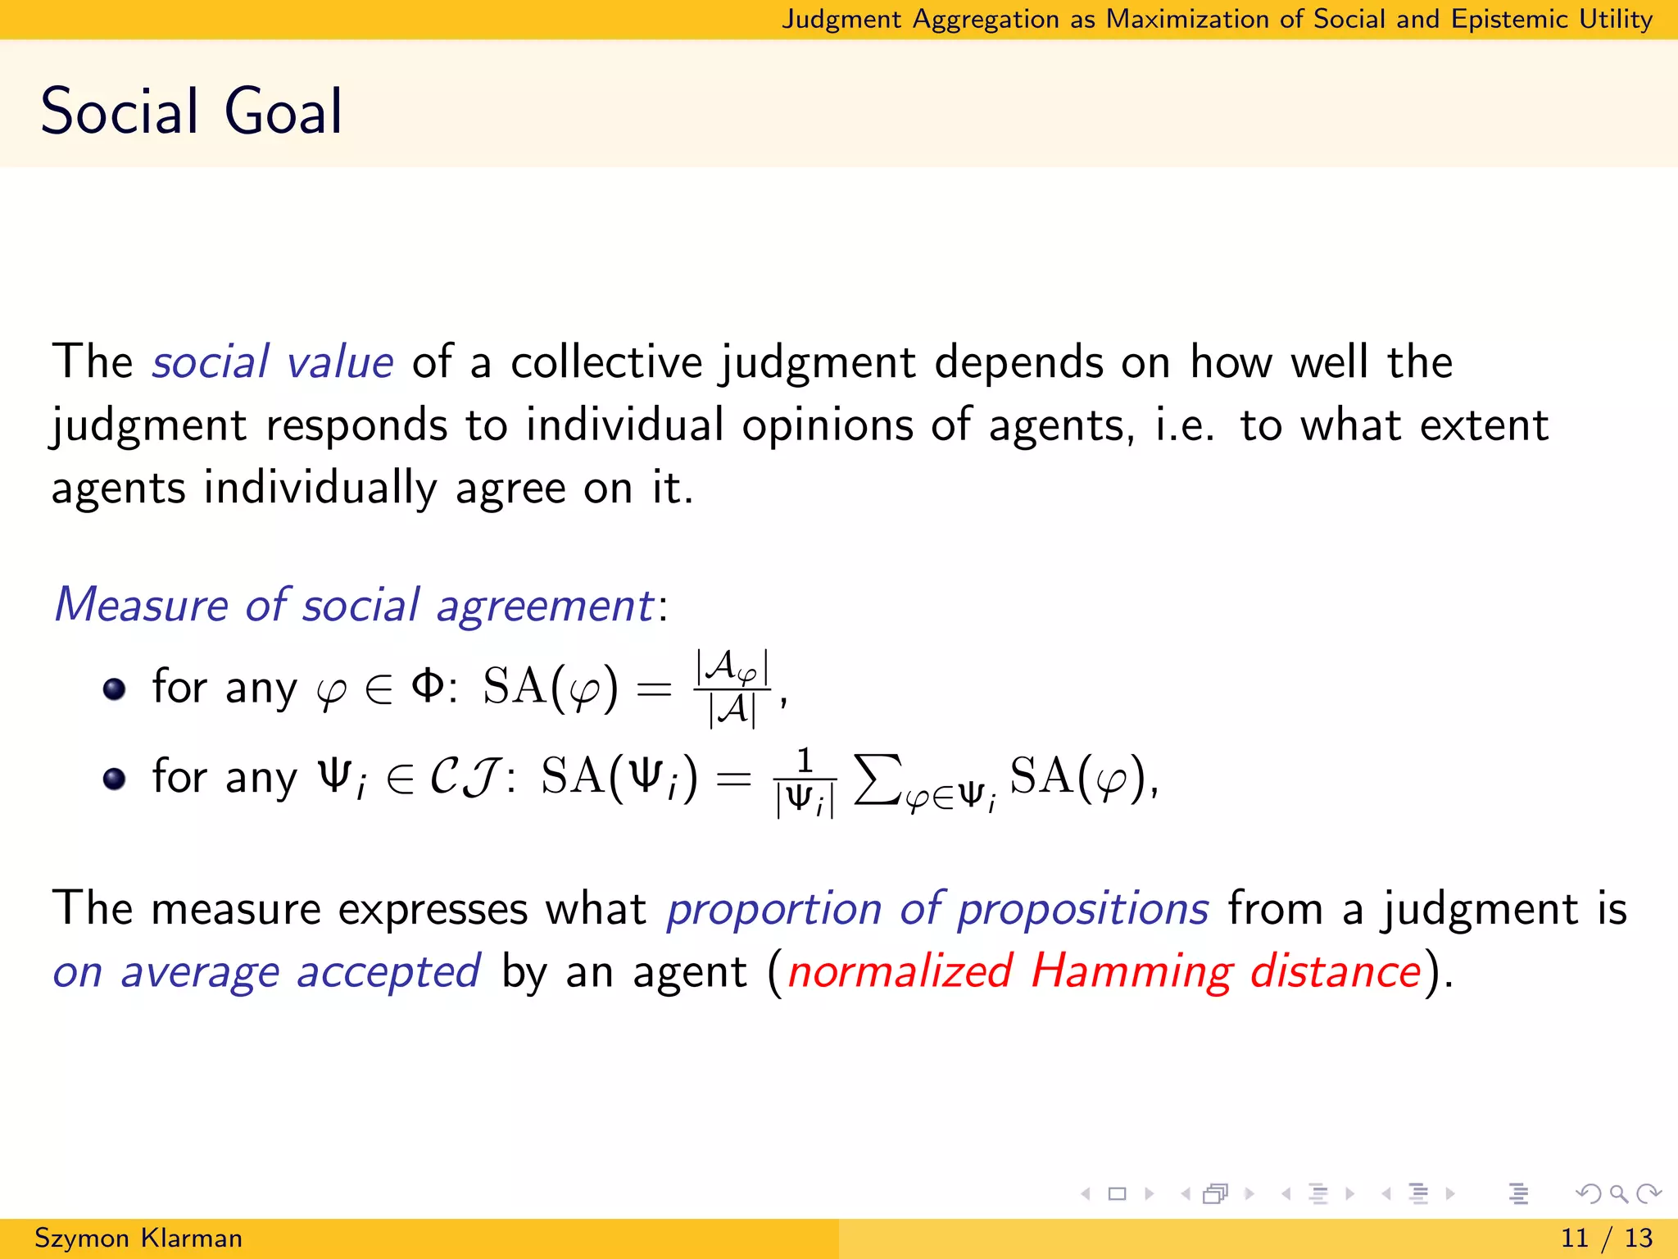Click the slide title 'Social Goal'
click(191, 111)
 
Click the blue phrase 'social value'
click(273, 362)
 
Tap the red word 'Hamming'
click(1131, 972)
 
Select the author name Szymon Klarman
click(138, 1238)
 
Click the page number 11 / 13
click(1607, 1238)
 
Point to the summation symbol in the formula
click(878, 779)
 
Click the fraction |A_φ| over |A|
click(732, 689)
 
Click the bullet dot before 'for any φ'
click(115, 689)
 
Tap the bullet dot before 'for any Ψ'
click(115, 778)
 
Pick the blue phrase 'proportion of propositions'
click(937, 909)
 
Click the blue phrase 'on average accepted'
click(266, 972)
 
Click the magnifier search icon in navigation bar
click(1618, 1193)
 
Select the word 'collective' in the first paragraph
click(606, 362)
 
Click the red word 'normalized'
click(900, 972)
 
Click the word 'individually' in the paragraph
click(320, 489)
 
